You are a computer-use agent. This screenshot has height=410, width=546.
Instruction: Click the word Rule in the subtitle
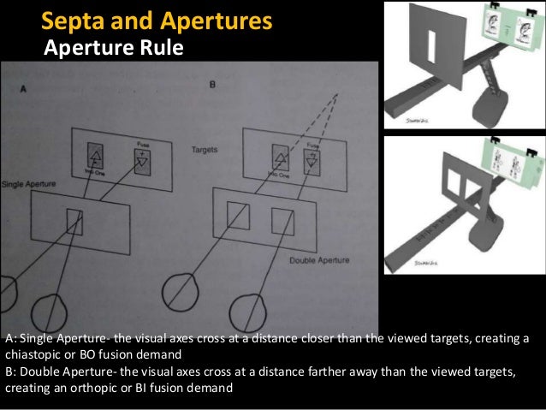tap(163, 47)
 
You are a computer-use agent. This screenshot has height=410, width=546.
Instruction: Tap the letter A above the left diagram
tap(22, 88)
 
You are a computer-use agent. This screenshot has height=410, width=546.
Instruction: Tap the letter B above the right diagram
tap(212, 86)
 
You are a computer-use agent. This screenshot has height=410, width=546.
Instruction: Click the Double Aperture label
tap(314, 258)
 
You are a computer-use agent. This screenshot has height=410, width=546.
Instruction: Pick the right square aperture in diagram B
tap(282, 221)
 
